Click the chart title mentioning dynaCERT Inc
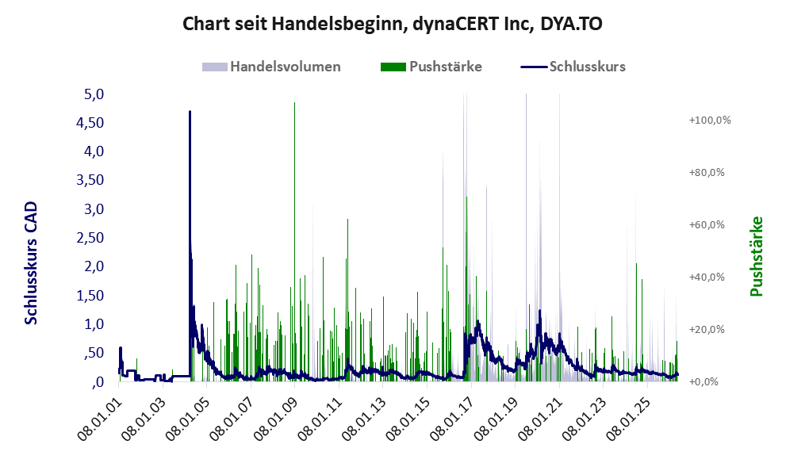[x=392, y=24]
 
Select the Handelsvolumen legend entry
[x=271, y=67]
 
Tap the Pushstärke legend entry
[x=431, y=67]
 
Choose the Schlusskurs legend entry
[x=573, y=67]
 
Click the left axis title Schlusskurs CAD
[x=31, y=263]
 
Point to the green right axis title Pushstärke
[x=756, y=256]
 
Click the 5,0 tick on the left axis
[x=94, y=94]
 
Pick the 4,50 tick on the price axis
[x=90, y=123]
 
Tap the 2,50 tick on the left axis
[x=90, y=238]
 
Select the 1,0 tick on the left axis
[x=94, y=324]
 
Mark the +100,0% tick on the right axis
[x=710, y=121]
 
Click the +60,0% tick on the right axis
[x=707, y=224]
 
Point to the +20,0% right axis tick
[x=707, y=329]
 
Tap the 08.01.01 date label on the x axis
[x=100, y=419]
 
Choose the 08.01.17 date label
[x=453, y=419]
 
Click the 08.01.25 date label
[x=630, y=419]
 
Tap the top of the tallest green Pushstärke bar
[x=294, y=103]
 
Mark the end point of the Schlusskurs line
[x=677, y=373]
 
